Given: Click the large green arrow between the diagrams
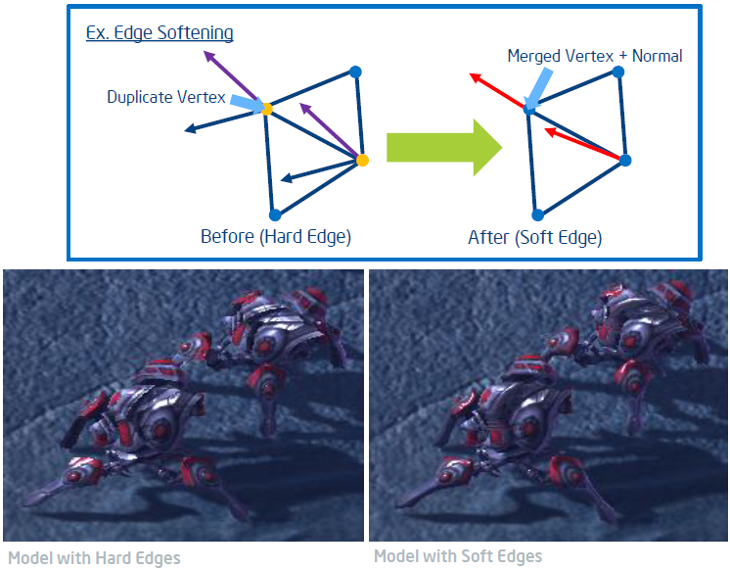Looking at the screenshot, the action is tap(444, 147).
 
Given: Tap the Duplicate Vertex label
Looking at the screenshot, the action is tap(166, 97).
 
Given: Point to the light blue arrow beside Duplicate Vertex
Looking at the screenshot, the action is tap(248, 104).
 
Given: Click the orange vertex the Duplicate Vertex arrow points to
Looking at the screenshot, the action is tap(267, 110).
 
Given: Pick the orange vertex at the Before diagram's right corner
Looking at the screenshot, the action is tap(362, 161).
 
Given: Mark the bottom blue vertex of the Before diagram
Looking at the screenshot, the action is tap(275, 214).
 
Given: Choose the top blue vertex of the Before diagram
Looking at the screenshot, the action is tap(355, 71).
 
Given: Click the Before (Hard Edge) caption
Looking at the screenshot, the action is tap(276, 237).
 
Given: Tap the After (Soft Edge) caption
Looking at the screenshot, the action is tap(535, 238).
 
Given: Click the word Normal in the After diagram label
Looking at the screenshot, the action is tap(658, 56).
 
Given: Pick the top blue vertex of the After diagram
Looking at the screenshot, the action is tap(617, 71).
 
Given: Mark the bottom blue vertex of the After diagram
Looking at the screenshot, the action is tap(538, 214).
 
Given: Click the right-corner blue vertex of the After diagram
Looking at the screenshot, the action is tap(625, 161).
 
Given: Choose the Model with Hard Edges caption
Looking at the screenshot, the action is tap(95, 558).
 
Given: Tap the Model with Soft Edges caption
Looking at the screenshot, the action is tap(458, 556).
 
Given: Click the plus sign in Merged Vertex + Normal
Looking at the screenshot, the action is tap(623, 57).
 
